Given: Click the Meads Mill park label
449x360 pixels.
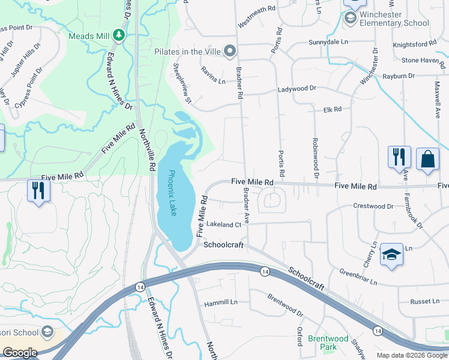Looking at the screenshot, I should pyautogui.click(x=89, y=36).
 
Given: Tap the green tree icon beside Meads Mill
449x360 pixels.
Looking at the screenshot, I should pyautogui.click(x=119, y=35).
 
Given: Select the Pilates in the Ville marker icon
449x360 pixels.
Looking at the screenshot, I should pyautogui.click(x=229, y=52).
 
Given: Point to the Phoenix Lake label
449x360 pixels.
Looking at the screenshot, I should pyautogui.click(x=172, y=193).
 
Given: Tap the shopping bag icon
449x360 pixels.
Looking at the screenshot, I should pyautogui.click(x=427, y=159).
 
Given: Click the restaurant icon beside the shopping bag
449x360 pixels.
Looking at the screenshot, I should pyautogui.click(x=399, y=157).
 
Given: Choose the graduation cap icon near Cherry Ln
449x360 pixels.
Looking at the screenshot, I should pyautogui.click(x=391, y=254).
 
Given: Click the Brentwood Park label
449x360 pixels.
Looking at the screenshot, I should pyautogui.click(x=328, y=343).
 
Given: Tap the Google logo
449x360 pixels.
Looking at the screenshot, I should pyautogui.click(x=20, y=353).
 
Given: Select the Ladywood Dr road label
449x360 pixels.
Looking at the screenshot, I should pyautogui.click(x=297, y=89).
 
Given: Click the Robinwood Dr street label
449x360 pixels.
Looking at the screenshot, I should pyautogui.click(x=315, y=158).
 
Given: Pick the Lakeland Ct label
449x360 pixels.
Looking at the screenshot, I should pyautogui.click(x=223, y=224).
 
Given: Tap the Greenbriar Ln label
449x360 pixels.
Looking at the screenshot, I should pyautogui.click(x=358, y=276).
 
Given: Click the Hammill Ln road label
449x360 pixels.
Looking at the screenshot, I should pyautogui.click(x=220, y=303).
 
